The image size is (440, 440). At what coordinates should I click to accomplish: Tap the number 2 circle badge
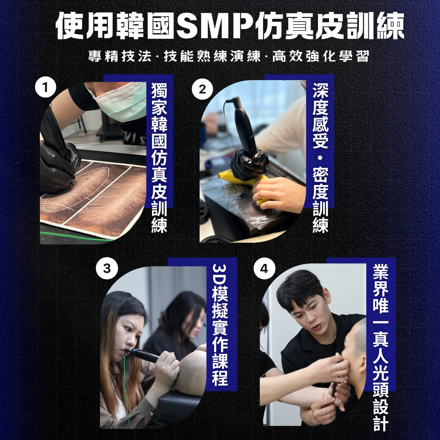[202, 89]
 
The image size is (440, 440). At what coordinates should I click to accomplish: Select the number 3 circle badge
[107, 268]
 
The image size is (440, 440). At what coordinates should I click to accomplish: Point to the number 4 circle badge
[264, 268]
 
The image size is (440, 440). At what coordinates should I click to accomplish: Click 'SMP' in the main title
[215, 26]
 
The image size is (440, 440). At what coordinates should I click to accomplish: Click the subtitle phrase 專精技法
[120, 56]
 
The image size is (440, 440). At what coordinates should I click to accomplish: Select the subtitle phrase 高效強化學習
[321, 56]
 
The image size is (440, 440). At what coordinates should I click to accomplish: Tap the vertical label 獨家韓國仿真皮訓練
[159, 157]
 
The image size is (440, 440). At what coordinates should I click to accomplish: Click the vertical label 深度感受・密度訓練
[320, 157]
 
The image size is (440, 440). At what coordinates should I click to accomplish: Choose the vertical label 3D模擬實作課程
[220, 324]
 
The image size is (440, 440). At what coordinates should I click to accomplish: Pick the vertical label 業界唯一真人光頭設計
[381, 347]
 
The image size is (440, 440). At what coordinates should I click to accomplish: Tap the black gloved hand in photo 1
[58, 165]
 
